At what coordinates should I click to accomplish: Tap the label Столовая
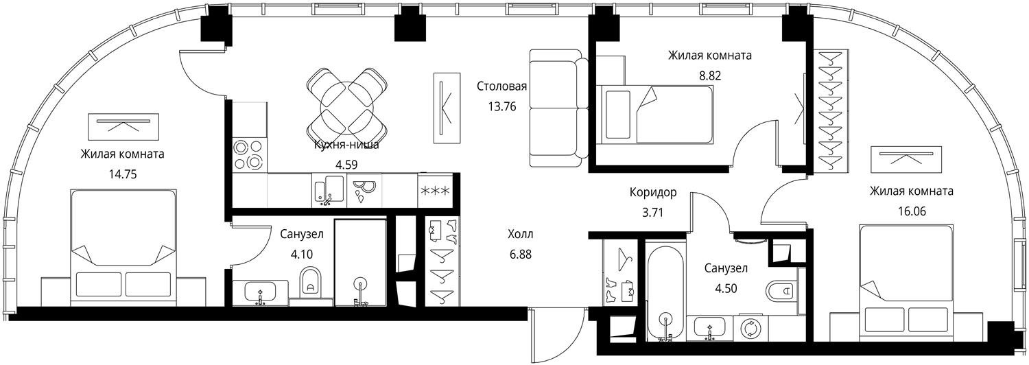501,86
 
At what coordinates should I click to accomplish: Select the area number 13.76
502,106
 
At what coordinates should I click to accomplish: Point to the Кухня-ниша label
346,145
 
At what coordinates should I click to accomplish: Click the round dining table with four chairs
347,106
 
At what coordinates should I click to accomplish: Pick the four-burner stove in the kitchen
249,154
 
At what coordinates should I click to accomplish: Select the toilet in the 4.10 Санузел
311,282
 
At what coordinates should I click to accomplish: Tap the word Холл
521,235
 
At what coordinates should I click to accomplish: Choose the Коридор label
653,192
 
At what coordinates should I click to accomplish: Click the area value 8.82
710,75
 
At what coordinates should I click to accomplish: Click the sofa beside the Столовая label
558,108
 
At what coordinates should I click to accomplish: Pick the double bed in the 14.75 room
123,247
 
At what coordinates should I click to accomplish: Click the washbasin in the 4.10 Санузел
261,292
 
